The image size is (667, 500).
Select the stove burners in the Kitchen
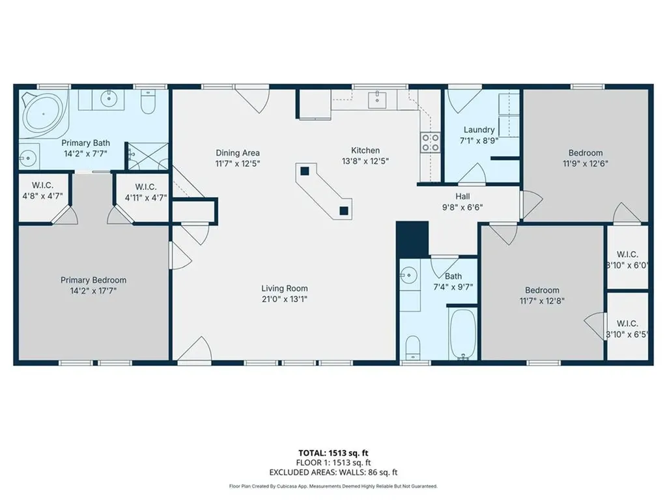point(430,143)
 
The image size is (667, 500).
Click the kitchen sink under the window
point(377,100)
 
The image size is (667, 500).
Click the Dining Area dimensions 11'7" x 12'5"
point(238,163)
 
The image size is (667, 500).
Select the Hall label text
point(462,197)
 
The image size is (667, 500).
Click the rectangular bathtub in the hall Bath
point(462,334)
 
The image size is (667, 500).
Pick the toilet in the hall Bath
point(412,348)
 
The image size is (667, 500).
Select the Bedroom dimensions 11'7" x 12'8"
point(542,301)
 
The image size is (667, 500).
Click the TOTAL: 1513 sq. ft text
point(333,453)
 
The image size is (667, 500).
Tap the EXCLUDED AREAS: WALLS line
point(333,473)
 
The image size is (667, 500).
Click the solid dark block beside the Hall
point(412,240)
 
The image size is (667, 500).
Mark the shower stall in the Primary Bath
point(148,156)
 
